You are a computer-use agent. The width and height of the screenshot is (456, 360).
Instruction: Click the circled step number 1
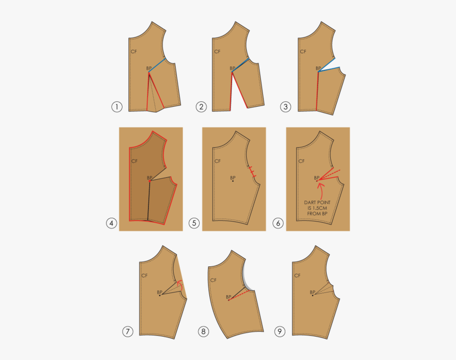[x=117, y=107]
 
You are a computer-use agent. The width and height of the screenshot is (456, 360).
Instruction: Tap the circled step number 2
[x=202, y=107]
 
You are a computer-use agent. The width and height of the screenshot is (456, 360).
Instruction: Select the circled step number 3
[x=286, y=107]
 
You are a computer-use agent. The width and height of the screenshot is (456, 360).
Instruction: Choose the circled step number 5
[x=194, y=223]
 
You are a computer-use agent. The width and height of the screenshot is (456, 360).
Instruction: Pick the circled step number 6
[x=278, y=223]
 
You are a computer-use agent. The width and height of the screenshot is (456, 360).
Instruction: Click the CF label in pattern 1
[x=133, y=52]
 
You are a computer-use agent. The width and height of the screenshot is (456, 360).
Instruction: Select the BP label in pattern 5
[x=233, y=178]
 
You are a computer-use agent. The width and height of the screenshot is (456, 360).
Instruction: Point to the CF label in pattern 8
[x=213, y=280]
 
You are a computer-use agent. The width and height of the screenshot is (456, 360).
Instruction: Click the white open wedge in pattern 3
[x=332, y=69]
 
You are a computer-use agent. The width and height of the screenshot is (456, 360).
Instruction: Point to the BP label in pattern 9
[x=313, y=292]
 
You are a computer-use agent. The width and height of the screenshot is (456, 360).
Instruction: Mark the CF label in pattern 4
[x=134, y=161]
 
